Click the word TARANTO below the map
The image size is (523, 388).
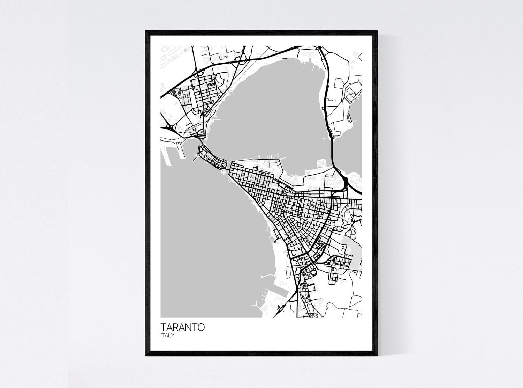183,328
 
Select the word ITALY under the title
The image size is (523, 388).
167,336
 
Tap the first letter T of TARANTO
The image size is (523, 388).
164,328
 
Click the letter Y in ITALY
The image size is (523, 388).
173,336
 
